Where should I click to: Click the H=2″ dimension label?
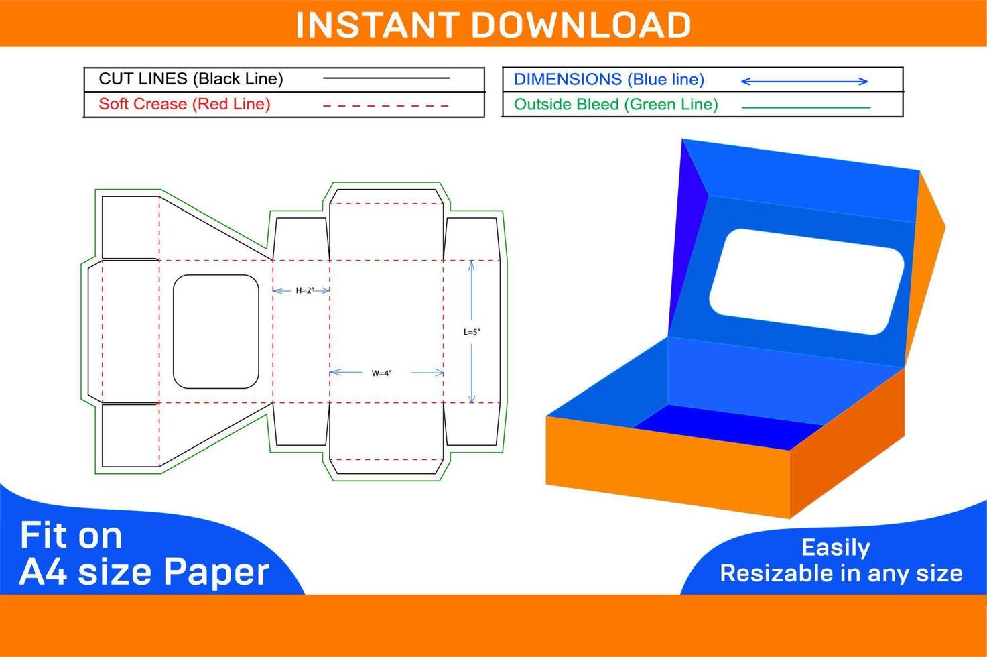(305, 290)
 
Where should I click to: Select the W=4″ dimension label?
(381, 373)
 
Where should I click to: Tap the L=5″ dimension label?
(472, 332)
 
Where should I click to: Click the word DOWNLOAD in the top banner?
(581, 25)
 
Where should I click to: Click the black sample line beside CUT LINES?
(386, 78)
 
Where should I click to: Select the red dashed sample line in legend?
(386, 106)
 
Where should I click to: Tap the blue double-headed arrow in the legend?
(805, 81)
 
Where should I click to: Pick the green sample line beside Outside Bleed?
(806, 107)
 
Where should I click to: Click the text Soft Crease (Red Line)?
(184, 104)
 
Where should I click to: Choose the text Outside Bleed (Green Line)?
(616, 105)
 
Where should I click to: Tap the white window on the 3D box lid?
(806, 282)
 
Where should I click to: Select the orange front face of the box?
(668, 467)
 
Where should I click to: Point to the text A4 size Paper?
(144, 573)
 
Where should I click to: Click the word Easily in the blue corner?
(836, 548)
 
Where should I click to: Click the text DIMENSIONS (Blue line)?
(609, 79)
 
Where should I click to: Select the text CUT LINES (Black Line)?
(191, 79)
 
